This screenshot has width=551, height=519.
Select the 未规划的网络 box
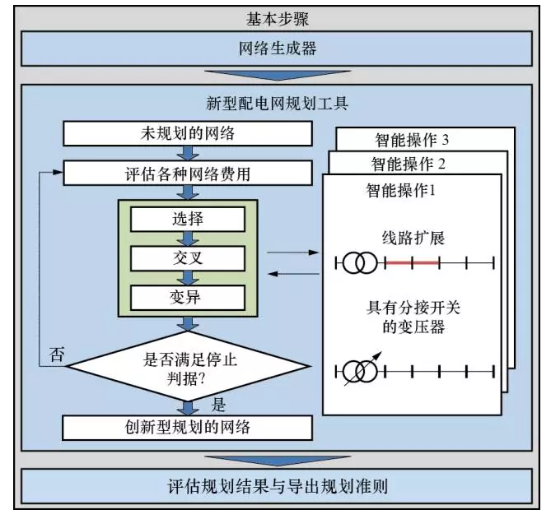click(x=187, y=134)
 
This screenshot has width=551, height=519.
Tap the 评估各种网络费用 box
click(x=187, y=174)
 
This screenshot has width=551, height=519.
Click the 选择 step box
click(x=188, y=220)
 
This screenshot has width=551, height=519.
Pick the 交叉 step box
click(x=188, y=258)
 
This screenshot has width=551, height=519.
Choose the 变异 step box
click(x=188, y=297)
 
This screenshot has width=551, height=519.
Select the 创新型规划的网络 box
click(x=187, y=427)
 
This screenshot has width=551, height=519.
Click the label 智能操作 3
click(x=410, y=139)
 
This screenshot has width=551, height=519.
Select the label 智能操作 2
click(x=409, y=163)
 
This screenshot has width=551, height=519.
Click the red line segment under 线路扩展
click(x=409, y=263)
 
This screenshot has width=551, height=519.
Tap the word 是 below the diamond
click(x=219, y=405)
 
